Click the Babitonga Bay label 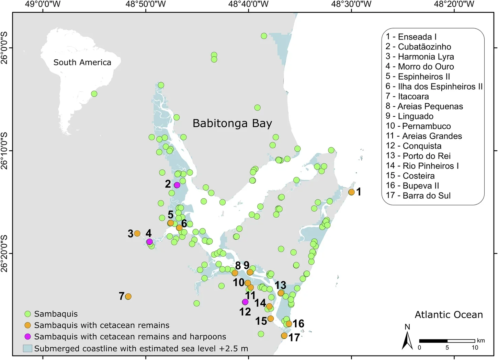[232, 123]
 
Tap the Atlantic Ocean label [449, 315]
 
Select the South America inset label [82, 62]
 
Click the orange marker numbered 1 [351, 192]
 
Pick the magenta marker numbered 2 [177, 185]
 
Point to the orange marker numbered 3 [137, 233]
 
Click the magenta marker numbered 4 [149, 242]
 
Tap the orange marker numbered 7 [128, 296]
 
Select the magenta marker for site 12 [245, 302]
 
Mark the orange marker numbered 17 [284, 336]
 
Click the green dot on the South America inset [94, 94]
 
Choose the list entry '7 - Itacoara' [407, 96]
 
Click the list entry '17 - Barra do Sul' [418, 196]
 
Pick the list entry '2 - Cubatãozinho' [418, 47]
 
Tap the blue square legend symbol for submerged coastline [27, 348]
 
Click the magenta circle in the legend [28, 337]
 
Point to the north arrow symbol [407, 338]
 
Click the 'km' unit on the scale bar [481, 340]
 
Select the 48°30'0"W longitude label [351, 4]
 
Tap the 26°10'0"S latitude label [4, 151]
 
